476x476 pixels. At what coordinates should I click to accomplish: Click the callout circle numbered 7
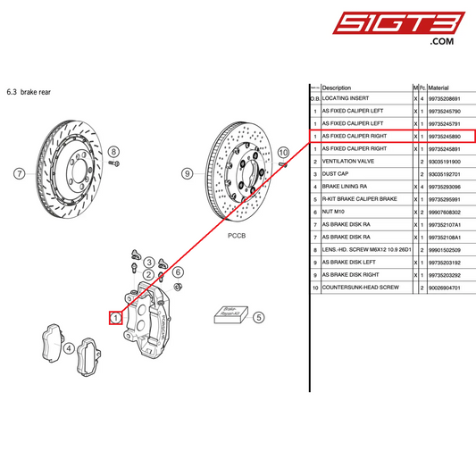click(x=19, y=174)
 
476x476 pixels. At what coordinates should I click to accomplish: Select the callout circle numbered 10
click(x=284, y=153)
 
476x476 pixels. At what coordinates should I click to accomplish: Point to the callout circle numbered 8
click(x=113, y=153)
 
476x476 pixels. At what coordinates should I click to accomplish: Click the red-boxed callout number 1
click(x=116, y=317)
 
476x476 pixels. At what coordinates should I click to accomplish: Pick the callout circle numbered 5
click(x=259, y=316)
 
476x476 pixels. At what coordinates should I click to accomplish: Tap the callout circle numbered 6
click(x=178, y=271)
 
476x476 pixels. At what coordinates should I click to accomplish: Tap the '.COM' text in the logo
click(x=443, y=41)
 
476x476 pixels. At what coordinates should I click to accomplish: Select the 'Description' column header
click(x=337, y=88)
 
